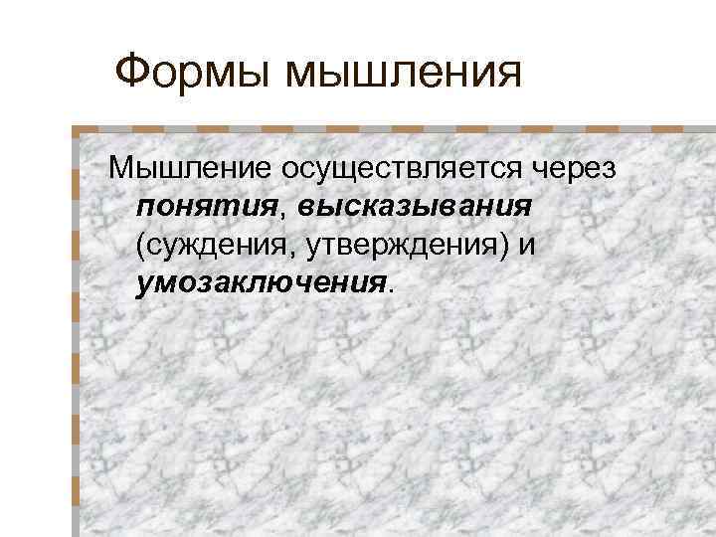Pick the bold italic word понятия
pyautogui.click(x=205, y=207)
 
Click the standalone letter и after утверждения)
pyautogui.click(x=526, y=245)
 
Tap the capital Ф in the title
pyautogui.click(x=130, y=72)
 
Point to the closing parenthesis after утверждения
pyautogui.click(x=505, y=245)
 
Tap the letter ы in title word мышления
pyautogui.click(x=318, y=76)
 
